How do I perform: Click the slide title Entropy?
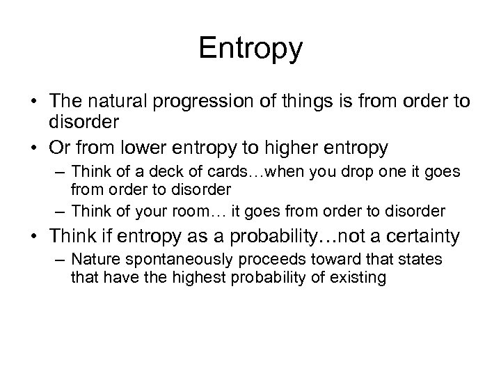pos(250,48)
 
